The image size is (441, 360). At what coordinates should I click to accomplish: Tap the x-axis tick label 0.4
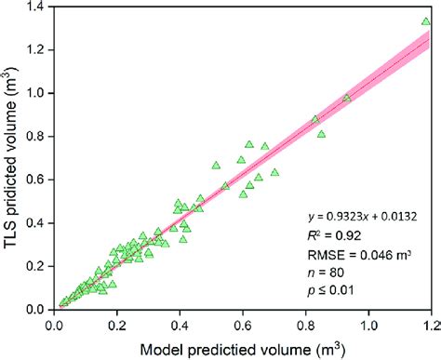(x=180, y=326)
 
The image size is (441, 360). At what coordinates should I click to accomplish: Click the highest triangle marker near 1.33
(x=426, y=20)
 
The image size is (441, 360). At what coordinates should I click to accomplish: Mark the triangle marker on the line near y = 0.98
(x=347, y=98)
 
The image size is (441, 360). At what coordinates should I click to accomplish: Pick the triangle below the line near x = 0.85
(x=321, y=134)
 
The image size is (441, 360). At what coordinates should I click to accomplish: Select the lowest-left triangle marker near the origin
(x=63, y=301)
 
